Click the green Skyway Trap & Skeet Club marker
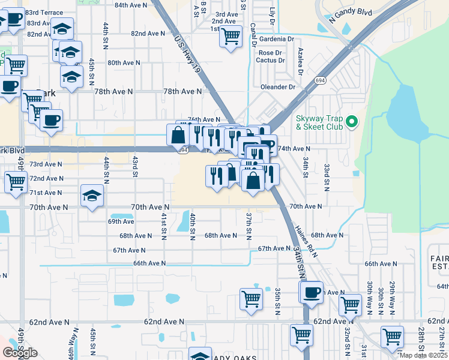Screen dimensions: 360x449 click(x=353, y=123)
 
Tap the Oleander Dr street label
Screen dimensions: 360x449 click(x=278, y=87)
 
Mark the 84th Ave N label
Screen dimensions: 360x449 click(x=131, y=5)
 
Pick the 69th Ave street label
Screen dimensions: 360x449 click(x=121, y=221)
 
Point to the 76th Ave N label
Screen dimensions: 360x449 click(x=203, y=120)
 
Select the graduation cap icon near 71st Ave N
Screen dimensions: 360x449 click(x=92, y=196)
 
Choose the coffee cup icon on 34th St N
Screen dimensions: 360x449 click(x=311, y=292)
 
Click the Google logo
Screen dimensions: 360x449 click(x=20, y=353)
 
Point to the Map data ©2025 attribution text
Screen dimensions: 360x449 click(x=423, y=355)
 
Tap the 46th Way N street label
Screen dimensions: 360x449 click(x=71, y=347)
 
